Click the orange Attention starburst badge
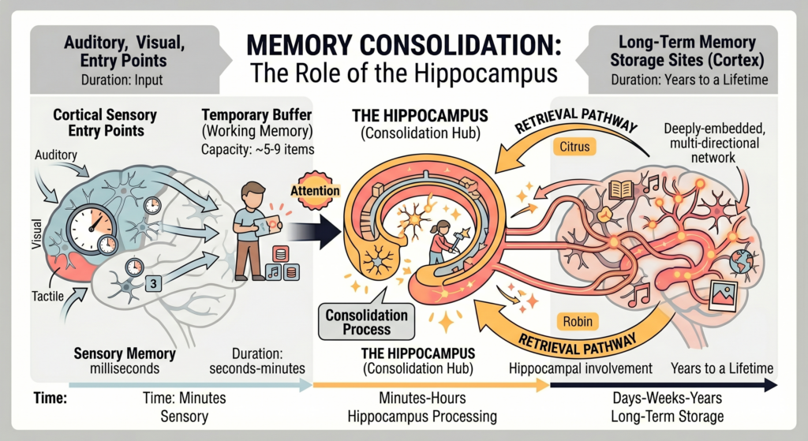click(315, 190)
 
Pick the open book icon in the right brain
click(622, 189)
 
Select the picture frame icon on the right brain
click(722, 296)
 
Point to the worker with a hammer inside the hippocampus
click(439, 241)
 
